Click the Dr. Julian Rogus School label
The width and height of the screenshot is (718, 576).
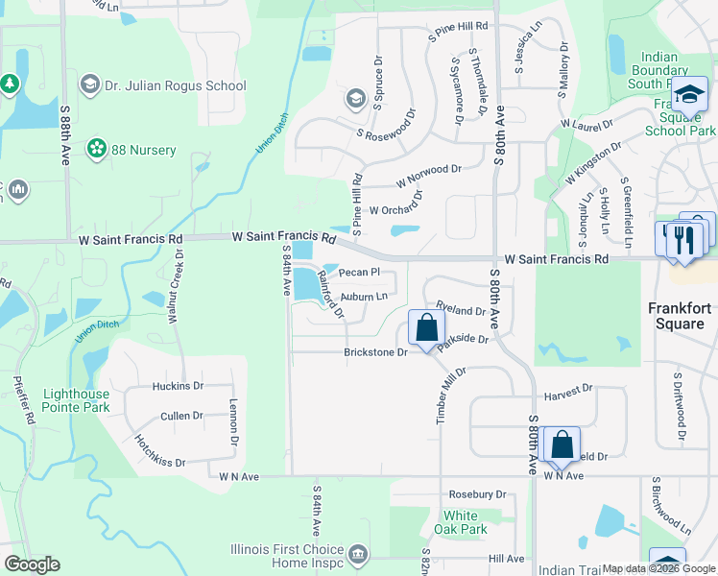[x=177, y=85]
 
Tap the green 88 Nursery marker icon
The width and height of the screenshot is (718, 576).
[x=96, y=149]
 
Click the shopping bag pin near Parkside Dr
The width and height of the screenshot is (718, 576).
[x=425, y=327]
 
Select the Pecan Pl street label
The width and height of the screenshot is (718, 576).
[x=360, y=273]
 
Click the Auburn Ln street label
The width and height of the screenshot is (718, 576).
[x=364, y=298]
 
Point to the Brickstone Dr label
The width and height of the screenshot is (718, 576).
[x=376, y=352]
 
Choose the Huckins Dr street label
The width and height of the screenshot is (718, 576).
[x=178, y=387]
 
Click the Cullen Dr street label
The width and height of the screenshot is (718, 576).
[x=181, y=416]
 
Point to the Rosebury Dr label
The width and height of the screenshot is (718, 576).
[x=477, y=494]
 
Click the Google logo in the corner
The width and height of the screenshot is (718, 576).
[x=33, y=564]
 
